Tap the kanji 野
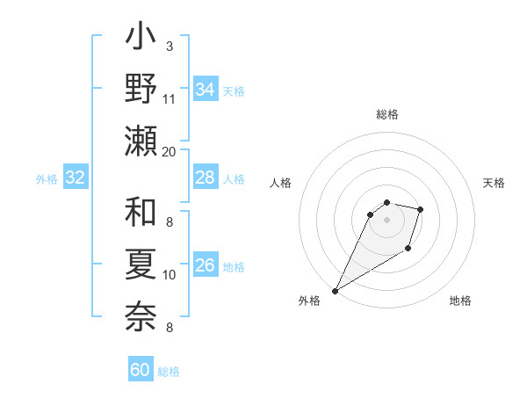pos(141,90)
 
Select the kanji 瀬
pos(141,141)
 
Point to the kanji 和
pos(141,214)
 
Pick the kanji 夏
pos(141,264)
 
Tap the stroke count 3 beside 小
pos(169,47)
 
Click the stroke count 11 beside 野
pos(170,98)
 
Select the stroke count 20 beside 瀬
pos(170,151)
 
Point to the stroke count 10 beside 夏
pos(170,275)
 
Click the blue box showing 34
pos(205,90)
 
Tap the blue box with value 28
pos(205,178)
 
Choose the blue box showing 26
pos(205,265)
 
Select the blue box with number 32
pos(76,178)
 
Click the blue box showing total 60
pos(141,370)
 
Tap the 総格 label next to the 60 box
pos(169,372)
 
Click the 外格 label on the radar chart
pos(309,301)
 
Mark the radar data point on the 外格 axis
pos(335,291)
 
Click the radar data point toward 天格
pos(421,209)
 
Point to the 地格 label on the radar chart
pos(460,301)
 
